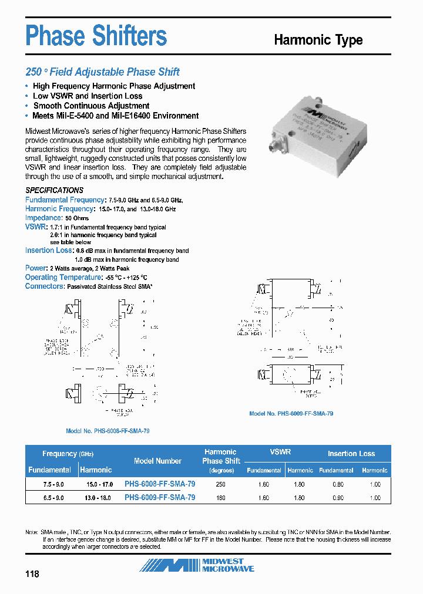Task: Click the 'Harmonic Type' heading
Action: (318, 40)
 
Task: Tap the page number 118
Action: (32, 573)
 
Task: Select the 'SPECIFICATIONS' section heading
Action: (54, 190)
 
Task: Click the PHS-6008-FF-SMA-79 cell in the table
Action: (160, 484)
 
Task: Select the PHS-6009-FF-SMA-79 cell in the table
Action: (160, 497)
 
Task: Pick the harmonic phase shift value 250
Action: (220, 484)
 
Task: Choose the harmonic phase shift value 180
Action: (220, 498)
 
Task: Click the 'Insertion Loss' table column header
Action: (351, 453)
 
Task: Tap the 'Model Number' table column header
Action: (157, 461)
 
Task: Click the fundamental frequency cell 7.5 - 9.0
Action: (49, 484)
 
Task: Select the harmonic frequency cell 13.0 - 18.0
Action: (96, 498)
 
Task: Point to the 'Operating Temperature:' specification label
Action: (63, 277)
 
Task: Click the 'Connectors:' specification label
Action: (45, 286)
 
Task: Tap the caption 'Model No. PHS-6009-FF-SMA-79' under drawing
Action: (291, 413)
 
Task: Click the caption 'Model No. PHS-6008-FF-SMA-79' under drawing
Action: (108, 431)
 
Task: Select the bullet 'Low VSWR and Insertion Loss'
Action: (88, 96)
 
